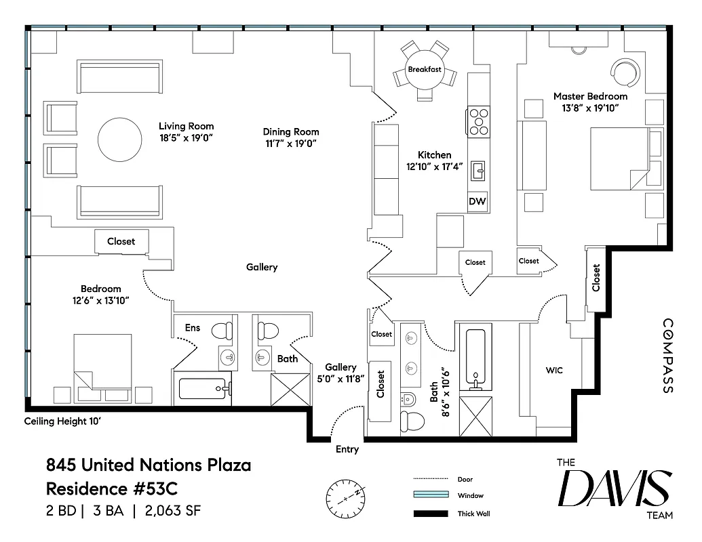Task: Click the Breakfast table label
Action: (x=425, y=70)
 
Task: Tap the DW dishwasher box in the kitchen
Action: (x=477, y=201)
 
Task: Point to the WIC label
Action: (x=554, y=371)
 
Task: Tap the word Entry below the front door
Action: (x=347, y=449)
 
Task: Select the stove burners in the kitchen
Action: (x=478, y=122)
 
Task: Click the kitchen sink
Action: (x=479, y=169)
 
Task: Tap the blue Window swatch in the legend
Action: (x=431, y=496)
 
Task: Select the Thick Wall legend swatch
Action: (x=431, y=514)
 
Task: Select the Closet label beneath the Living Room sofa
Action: (x=121, y=241)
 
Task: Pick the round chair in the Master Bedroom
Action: (x=624, y=71)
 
